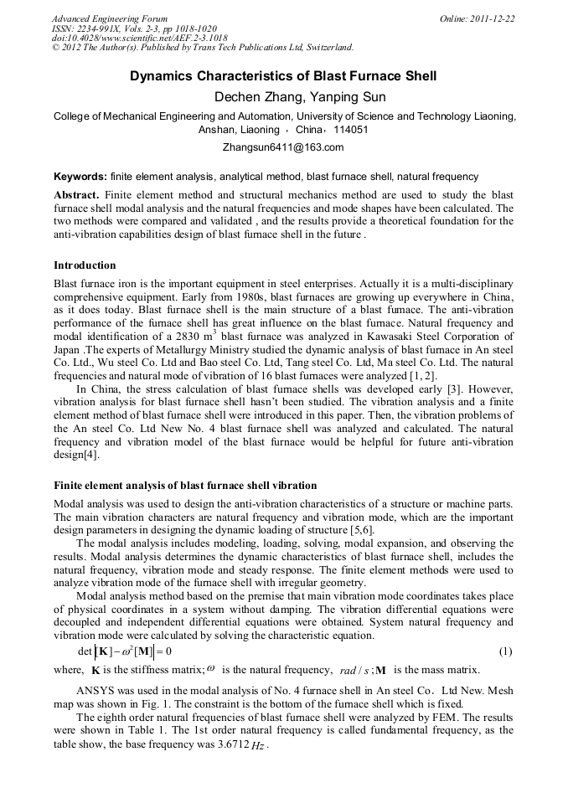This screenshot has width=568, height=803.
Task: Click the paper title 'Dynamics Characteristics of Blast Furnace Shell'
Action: click(x=283, y=76)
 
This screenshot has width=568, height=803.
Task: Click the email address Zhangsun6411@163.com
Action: click(x=283, y=147)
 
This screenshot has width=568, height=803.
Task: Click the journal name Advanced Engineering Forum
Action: click(x=110, y=18)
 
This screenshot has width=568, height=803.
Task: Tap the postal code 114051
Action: click(x=351, y=130)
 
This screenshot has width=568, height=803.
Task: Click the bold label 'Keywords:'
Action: click(x=80, y=177)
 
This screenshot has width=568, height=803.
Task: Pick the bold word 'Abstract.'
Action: click(x=76, y=194)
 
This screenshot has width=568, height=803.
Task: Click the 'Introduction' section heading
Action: click(x=85, y=265)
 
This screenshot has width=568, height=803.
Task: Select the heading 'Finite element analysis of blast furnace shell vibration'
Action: click(x=185, y=485)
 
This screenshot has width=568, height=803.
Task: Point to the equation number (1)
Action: click(x=505, y=651)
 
